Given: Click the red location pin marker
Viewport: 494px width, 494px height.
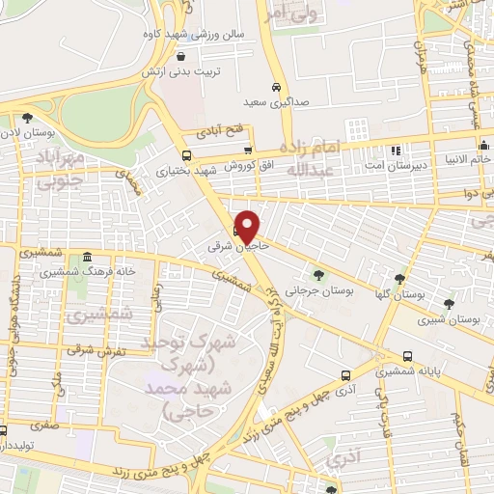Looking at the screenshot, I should (x=248, y=227).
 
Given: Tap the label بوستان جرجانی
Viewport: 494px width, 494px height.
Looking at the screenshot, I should (x=325, y=288).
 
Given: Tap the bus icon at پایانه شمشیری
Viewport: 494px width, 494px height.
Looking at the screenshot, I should (x=408, y=355).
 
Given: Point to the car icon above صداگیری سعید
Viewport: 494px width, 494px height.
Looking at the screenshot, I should (x=276, y=84).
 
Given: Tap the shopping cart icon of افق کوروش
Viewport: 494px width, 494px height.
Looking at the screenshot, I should (x=248, y=150).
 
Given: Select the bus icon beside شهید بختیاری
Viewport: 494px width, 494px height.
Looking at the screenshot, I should (x=186, y=154).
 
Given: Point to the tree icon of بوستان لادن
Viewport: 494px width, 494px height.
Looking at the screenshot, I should (x=26, y=118).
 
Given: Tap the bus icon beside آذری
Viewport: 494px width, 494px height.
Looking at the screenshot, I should (x=345, y=375).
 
